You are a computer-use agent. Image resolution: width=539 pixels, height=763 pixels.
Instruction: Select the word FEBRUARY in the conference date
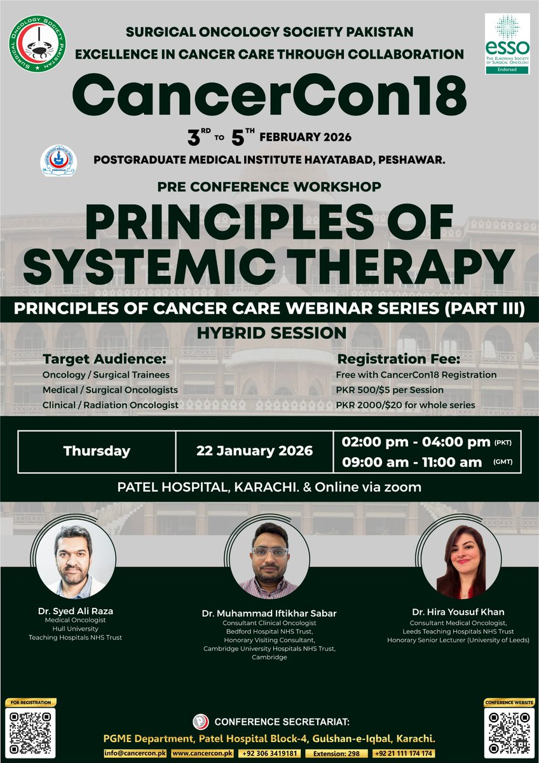coord(306,137)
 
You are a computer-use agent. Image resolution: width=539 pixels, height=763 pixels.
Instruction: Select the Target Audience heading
coord(104,358)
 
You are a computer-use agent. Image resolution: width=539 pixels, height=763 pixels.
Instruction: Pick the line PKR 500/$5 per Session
coord(390,389)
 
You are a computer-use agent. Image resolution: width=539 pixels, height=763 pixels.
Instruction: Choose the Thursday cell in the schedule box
coord(97,451)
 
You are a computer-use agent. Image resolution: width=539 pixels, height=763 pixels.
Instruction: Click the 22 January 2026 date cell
coord(255,451)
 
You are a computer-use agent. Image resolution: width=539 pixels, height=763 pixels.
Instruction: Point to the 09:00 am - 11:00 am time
coord(411,463)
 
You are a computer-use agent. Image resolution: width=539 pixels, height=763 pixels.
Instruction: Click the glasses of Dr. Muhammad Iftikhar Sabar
coord(269,552)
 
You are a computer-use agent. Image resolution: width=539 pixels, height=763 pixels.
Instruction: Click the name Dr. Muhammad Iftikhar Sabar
coord(269,614)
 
